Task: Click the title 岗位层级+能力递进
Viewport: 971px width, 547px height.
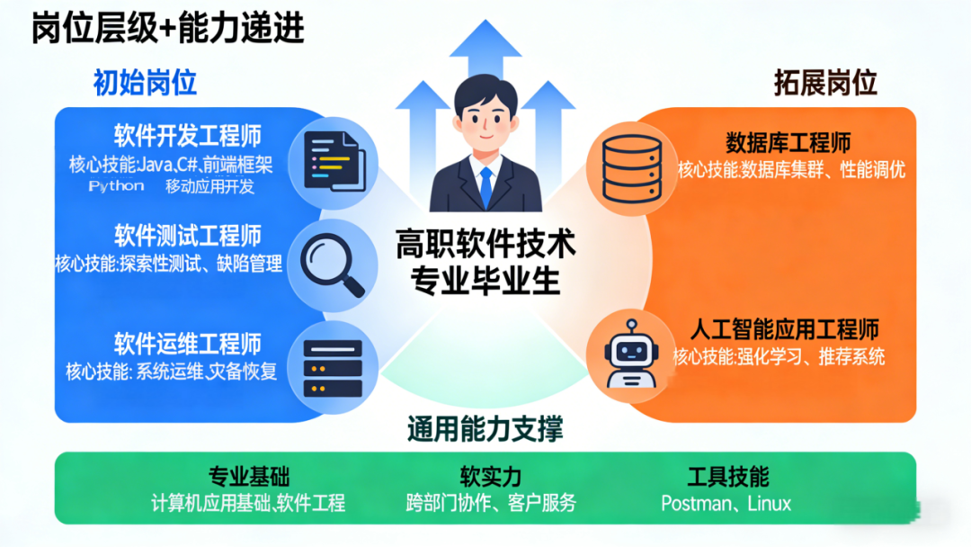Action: click(x=168, y=29)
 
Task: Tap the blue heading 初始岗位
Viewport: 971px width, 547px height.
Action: click(x=145, y=84)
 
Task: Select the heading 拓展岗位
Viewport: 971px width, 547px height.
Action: click(x=825, y=84)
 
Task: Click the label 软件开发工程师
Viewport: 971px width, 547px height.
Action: click(x=187, y=136)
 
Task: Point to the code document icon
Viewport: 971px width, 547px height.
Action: click(x=334, y=160)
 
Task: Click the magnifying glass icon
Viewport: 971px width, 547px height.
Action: click(x=332, y=264)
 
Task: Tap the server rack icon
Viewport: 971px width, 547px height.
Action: click(x=333, y=368)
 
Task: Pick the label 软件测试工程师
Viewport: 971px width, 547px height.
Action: click(x=187, y=237)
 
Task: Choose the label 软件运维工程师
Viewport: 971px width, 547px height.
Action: click(x=187, y=343)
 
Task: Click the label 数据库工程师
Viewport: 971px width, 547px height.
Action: click(x=788, y=142)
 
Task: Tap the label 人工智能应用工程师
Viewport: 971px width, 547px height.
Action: click(x=784, y=329)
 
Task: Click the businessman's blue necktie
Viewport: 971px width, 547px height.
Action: click(x=485, y=184)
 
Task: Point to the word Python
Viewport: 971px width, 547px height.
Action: click(x=116, y=186)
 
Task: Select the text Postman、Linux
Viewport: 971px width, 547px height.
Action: click(x=726, y=503)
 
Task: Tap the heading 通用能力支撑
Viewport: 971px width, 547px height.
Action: click(x=485, y=430)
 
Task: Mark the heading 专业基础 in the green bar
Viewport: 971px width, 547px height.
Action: click(x=249, y=476)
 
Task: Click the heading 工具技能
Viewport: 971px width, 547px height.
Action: click(x=727, y=476)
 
